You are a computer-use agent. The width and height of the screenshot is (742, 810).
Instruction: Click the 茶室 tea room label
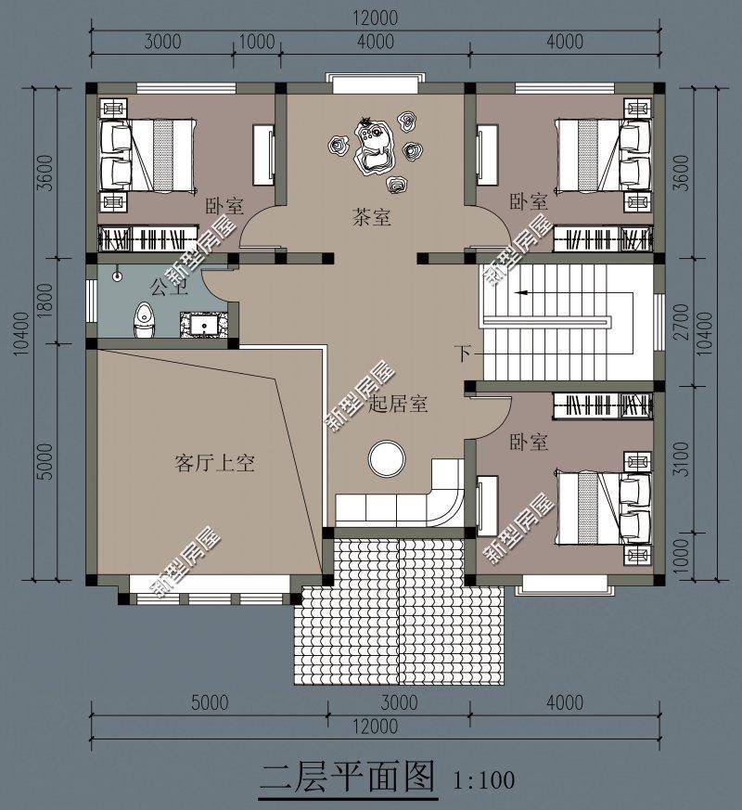[371, 217]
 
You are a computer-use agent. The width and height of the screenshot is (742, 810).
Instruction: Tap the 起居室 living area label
[398, 404]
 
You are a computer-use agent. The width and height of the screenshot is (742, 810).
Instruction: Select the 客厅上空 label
[215, 463]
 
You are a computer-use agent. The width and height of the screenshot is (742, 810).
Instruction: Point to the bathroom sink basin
[203, 325]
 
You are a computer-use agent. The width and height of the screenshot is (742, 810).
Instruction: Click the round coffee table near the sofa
[387, 458]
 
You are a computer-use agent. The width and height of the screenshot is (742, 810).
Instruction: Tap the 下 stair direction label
[463, 354]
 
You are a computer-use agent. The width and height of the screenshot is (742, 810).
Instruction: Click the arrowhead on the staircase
[521, 293]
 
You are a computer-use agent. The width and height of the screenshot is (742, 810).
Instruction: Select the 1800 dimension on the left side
[46, 300]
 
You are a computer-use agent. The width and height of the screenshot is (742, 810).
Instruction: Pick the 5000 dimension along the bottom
[210, 702]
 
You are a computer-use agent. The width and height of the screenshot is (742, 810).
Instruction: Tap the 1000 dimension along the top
[257, 42]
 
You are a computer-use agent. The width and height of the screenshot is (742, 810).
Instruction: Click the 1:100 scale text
[484, 779]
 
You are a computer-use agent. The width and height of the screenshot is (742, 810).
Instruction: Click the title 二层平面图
[347, 778]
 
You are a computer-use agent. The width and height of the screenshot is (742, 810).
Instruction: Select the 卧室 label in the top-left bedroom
[224, 207]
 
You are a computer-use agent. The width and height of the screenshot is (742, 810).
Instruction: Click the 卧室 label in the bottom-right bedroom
[529, 443]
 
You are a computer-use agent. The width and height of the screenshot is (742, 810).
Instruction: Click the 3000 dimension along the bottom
[399, 702]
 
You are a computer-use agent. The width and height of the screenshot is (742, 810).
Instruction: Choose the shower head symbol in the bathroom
[118, 276]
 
